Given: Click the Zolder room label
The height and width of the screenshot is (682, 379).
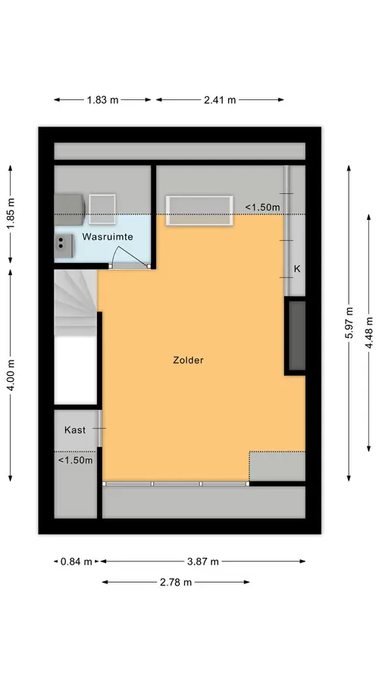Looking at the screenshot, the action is coord(188,360).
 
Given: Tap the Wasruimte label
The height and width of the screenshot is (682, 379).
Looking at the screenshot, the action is coord(108,237).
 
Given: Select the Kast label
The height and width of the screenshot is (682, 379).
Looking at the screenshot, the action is coord(75,430).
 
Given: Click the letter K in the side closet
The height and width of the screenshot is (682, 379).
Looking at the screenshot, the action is coord(297,269).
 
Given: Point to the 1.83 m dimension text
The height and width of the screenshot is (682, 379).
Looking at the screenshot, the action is coord(102,100).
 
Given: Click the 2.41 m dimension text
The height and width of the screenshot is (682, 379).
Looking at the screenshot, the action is coord(220,100).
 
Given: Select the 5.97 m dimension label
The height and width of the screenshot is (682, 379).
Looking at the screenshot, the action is coord(349,324).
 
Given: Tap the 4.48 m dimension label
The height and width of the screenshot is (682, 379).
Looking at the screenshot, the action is coord(369,333).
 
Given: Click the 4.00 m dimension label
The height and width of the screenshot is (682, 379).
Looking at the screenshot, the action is coord(11,375).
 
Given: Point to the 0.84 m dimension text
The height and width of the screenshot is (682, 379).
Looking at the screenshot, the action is coord(76,562).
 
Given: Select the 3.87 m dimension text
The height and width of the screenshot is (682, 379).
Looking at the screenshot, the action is coord(203,562).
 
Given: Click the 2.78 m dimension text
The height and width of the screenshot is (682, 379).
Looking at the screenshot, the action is coord(176,583).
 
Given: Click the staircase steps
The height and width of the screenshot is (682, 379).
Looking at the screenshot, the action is coord(75,302).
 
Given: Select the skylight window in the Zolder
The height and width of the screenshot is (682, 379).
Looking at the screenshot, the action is coord(199,211).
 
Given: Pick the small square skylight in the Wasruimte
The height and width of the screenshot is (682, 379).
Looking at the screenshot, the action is coord(102,209).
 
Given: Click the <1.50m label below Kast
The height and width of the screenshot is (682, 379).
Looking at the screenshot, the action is coord(76,460).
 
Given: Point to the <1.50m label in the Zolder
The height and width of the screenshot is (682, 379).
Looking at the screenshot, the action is coord(262,208).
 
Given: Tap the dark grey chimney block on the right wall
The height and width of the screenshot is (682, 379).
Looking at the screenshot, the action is coord(297,336).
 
